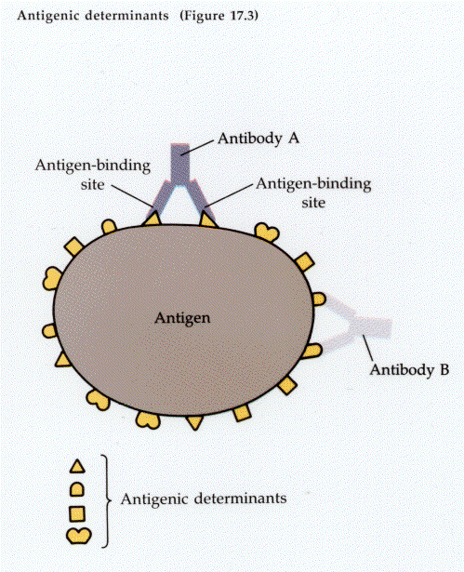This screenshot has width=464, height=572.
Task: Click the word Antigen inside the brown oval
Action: tap(182, 318)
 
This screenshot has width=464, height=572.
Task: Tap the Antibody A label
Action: tap(259, 139)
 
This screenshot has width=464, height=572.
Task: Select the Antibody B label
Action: tap(409, 369)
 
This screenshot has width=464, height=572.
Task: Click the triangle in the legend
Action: tap(77, 467)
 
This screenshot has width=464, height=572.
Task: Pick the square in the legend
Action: tap(77, 513)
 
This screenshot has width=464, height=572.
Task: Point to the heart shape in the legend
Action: tap(79, 536)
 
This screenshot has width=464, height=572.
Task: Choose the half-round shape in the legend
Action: tap(77, 489)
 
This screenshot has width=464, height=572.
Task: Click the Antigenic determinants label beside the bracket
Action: tap(204, 499)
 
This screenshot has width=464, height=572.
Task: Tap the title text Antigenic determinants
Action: tap(93, 16)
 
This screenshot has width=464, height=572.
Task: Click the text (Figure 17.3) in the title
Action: tap(219, 16)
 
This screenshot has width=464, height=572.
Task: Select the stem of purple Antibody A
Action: tap(180, 163)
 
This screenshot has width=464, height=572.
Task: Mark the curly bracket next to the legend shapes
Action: tap(107, 501)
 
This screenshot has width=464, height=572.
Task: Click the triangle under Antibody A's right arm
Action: tap(208, 220)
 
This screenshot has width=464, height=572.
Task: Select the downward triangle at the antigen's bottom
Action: tap(194, 422)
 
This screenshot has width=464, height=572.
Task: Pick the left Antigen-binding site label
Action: tap(93, 175)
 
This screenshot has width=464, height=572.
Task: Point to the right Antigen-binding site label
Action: tap(313, 193)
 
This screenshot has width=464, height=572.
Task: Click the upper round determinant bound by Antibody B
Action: tap(319, 299)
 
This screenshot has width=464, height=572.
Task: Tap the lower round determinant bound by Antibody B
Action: tap(313, 351)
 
